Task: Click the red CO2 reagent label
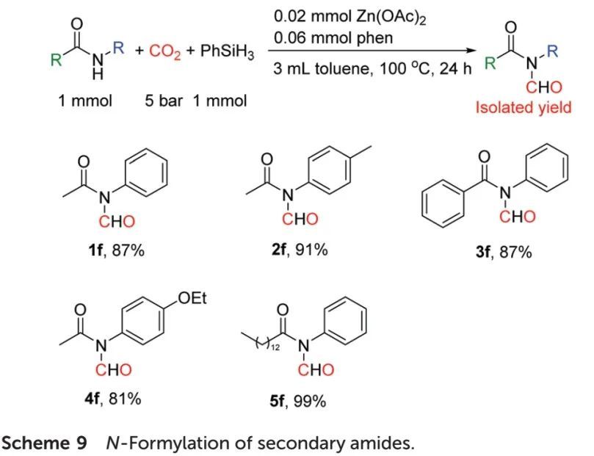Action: point(161,54)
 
